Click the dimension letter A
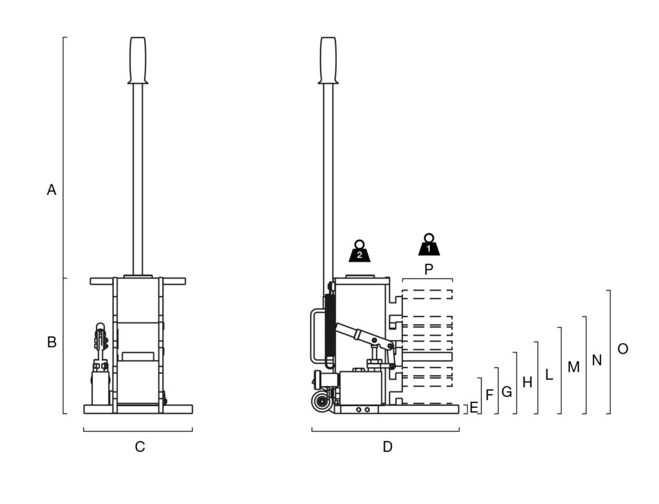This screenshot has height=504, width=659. pos(52,190)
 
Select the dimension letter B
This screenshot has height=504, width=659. pos(52,342)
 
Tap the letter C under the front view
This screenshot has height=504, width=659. pos(140,447)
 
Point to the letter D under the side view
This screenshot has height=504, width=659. pos(387,447)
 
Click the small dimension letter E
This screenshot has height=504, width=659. pos(474,407)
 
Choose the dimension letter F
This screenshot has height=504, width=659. pos(490,394)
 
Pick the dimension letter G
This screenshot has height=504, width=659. pos(506,391)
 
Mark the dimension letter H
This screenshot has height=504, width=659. pos(528,382)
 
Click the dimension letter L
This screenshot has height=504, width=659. pos(549,374)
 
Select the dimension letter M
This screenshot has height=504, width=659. pos(573,367)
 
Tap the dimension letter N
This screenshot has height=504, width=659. pos(597,360)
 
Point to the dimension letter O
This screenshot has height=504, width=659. pos(622,349)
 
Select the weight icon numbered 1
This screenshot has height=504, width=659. pos(429,245)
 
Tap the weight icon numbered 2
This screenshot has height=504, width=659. pos(360,251)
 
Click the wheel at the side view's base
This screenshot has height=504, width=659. pos(321,403)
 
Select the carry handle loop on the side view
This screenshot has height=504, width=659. pos(315,335)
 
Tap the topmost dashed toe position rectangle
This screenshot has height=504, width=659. pos(427,295)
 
